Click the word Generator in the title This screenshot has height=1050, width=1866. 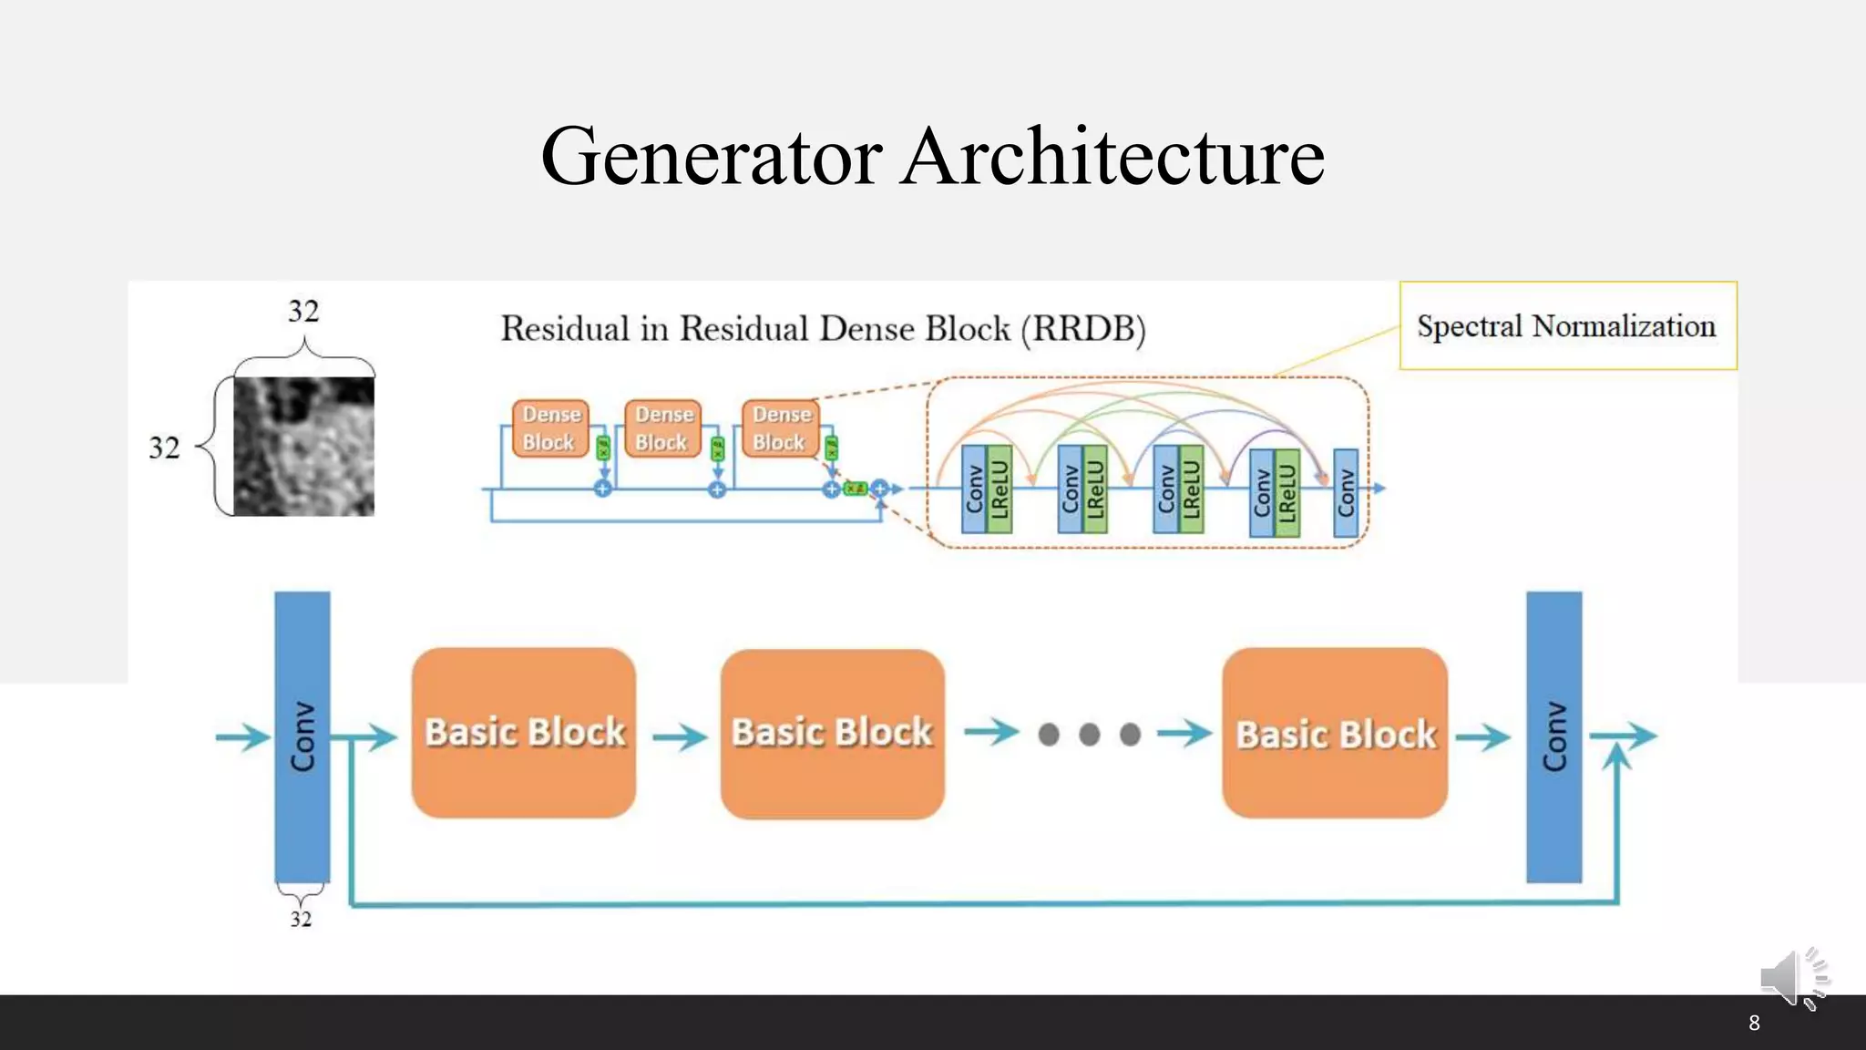click(712, 157)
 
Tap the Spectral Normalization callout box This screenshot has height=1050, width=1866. click(1567, 325)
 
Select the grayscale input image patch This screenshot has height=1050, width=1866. click(303, 447)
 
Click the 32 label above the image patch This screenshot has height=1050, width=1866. click(303, 311)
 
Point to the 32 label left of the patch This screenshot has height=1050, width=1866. click(164, 448)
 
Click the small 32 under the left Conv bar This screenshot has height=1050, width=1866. click(301, 919)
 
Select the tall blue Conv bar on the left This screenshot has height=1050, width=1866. click(302, 736)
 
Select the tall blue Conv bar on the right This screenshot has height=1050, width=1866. click(1553, 736)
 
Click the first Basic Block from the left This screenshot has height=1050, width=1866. click(524, 733)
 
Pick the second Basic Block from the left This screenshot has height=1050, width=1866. click(832, 733)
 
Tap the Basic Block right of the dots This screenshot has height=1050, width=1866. click(1335, 733)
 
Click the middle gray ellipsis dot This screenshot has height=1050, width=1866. click(1089, 734)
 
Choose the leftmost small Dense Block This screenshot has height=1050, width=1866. click(549, 428)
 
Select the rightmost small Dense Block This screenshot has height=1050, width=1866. click(781, 428)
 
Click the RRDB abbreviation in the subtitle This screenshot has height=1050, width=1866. click(1082, 329)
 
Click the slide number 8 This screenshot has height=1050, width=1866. click(1754, 1023)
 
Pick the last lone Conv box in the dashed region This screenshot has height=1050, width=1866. click(1346, 492)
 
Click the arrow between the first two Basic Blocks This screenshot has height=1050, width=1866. click(679, 736)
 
